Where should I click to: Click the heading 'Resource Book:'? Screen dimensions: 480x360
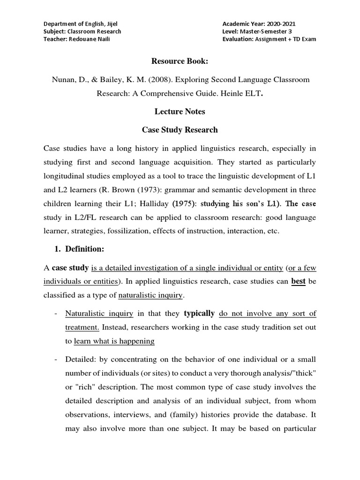[x=180, y=61]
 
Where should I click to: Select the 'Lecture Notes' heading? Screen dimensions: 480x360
[x=180, y=112]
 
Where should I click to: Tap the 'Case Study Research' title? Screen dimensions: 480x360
[x=180, y=129]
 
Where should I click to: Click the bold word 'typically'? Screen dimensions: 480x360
[x=199, y=313]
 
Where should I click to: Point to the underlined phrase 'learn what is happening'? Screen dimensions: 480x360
[x=114, y=341]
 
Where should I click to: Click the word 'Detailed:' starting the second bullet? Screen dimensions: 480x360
[x=81, y=360]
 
